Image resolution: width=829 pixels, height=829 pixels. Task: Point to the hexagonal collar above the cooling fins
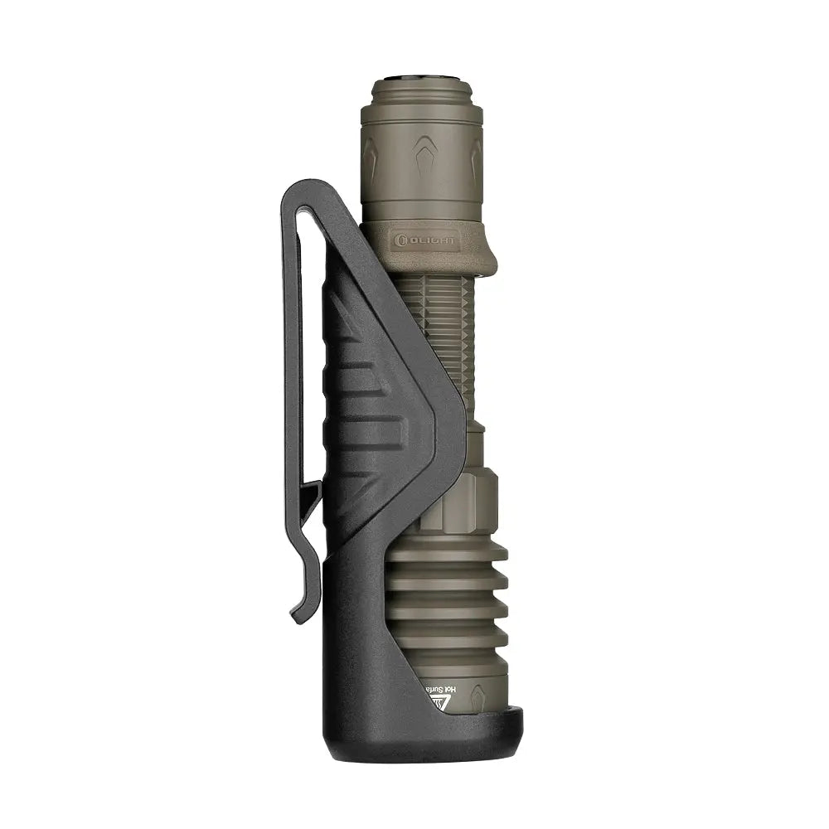464,502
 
